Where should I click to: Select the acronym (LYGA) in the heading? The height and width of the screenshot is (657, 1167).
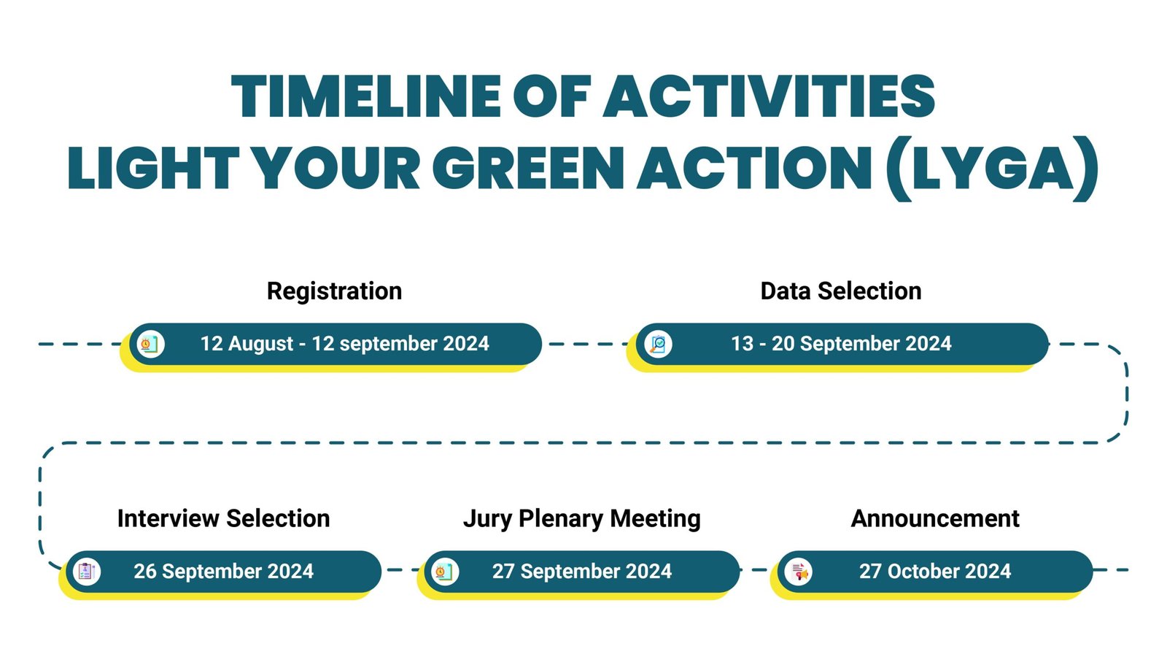(x=992, y=168)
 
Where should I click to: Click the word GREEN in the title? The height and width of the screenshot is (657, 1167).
(x=528, y=168)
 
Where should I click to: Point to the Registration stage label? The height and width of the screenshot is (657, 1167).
(x=335, y=291)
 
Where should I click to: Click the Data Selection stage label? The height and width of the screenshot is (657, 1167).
(x=841, y=291)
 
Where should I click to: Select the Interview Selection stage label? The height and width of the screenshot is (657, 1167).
(x=223, y=518)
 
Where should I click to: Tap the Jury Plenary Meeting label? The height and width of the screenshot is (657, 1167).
(x=582, y=519)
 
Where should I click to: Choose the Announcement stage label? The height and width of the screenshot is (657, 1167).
(x=935, y=518)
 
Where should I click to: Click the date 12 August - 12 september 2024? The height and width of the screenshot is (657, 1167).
(x=344, y=344)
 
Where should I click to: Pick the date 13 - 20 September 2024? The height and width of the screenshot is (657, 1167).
(x=841, y=344)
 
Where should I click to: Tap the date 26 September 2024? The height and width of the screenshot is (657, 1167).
(x=223, y=572)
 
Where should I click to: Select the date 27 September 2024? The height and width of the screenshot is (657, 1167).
(x=582, y=572)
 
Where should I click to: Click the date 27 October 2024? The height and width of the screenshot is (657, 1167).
(x=935, y=572)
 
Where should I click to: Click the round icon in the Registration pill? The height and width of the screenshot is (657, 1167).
(x=150, y=344)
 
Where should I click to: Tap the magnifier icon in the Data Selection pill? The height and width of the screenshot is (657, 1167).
(x=658, y=344)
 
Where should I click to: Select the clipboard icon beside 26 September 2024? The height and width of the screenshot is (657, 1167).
(x=87, y=572)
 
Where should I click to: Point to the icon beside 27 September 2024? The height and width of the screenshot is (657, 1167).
(x=445, y=572)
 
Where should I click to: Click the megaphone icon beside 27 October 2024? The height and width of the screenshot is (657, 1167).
(x=798, y=572)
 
